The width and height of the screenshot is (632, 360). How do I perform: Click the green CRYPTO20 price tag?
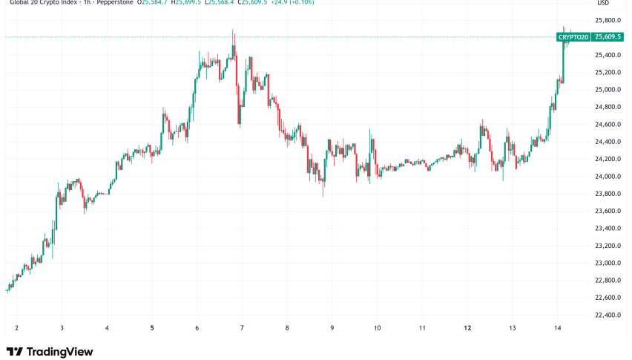click(x=573, y=37)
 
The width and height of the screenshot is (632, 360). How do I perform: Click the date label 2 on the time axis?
click(x=16, y=327)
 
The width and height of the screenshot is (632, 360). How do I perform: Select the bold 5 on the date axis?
click(x=152, y=327)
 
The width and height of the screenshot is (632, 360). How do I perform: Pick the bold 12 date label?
click(x=468, y=327)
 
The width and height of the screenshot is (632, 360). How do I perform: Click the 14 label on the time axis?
click(x=558, y=327)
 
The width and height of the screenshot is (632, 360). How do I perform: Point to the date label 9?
click(x=332, y=327)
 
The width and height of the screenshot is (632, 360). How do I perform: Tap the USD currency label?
click(x=603, y=3)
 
